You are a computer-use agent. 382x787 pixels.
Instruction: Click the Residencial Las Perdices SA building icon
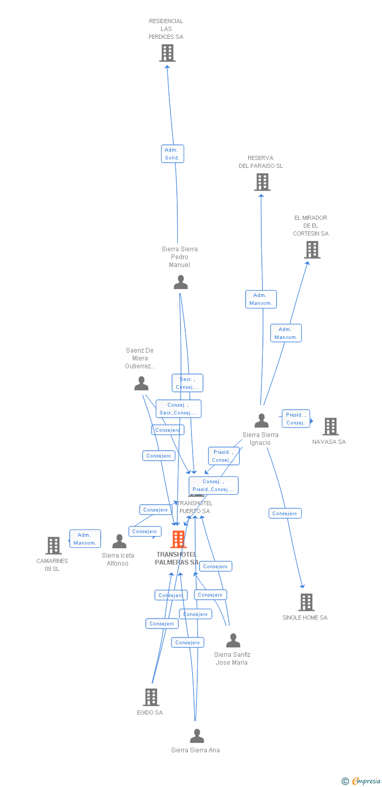point(167,53)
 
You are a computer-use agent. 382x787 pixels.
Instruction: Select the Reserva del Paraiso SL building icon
point(262,182)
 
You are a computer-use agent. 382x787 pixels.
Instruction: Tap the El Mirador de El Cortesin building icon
point(312,250)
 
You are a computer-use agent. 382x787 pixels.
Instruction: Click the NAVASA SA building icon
point(331,427)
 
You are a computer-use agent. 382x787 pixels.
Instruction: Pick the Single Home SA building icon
point(306,602)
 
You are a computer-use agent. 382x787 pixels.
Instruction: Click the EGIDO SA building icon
point(151,697)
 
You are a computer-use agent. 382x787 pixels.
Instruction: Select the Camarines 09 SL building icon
point(54,546)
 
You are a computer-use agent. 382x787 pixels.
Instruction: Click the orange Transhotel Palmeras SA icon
point(178,539)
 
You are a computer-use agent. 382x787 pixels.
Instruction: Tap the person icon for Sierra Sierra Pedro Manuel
point(181,282)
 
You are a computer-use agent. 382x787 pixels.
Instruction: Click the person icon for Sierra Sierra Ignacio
point(261,421)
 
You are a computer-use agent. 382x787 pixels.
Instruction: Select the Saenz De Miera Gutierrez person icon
point(141,384)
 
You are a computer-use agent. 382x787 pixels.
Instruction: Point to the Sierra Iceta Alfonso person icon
point(119,541)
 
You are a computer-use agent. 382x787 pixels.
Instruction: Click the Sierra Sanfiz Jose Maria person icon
point(233,641)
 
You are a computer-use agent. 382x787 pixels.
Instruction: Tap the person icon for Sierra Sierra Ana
point(197,736)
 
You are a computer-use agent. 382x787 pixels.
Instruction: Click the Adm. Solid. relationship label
point(172,154)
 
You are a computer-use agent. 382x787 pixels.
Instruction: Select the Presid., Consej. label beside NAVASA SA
point(295,419)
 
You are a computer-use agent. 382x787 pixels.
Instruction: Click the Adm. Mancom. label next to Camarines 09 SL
point(85,539)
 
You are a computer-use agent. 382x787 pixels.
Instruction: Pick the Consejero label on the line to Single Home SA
point(284,514)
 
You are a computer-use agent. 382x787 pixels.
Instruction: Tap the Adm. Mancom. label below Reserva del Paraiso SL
point(261,299)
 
